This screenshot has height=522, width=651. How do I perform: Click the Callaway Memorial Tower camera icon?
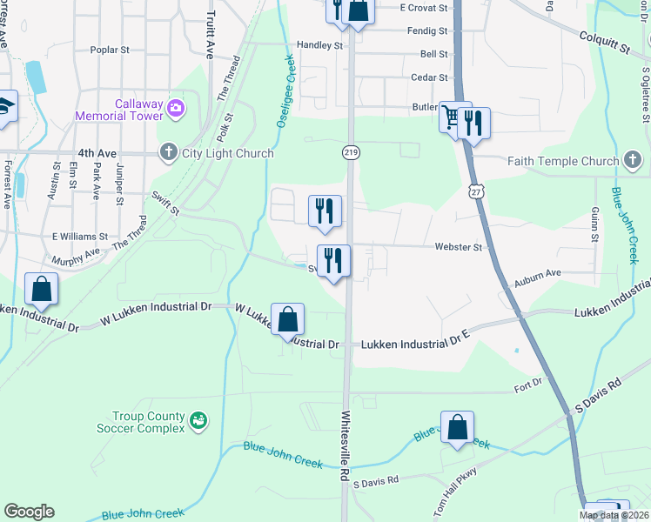[177, 107]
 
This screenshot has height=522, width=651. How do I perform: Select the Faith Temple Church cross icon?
[633, 160]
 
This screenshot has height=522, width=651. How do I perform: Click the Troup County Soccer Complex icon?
[199, 421]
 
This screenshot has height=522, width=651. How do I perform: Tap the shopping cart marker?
[452, 117]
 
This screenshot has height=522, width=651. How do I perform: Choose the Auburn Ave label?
[537, 273]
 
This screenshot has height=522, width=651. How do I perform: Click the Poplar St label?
[110, 50]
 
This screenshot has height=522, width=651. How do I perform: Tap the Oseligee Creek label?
[285, 92]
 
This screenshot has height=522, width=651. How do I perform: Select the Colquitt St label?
[605, 42]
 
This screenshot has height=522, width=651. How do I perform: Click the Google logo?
[29, 512]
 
